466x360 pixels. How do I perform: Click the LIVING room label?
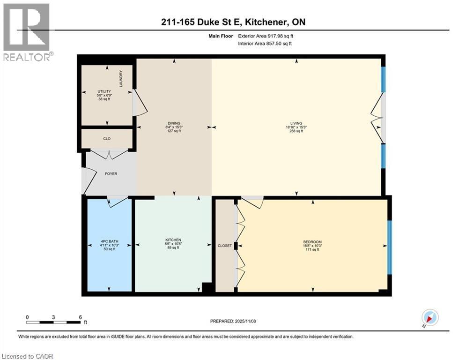(296, 123)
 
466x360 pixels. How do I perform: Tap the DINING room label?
(173, 123)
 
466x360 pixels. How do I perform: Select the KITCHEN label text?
(173, 240)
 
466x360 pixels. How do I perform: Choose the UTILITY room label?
(104, 91)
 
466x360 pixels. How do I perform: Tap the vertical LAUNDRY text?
(121, 79)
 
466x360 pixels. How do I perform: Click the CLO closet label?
(107, 139)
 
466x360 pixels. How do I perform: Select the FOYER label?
(111, 174)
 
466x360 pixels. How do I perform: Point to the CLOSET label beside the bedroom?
(225, 246)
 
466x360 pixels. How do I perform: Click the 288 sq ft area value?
(296, 131)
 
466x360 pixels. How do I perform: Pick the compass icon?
(429, 318)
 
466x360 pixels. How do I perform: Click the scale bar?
(53, 322)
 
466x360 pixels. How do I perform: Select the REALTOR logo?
(27, 32)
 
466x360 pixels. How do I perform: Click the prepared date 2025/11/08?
(234, 321)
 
